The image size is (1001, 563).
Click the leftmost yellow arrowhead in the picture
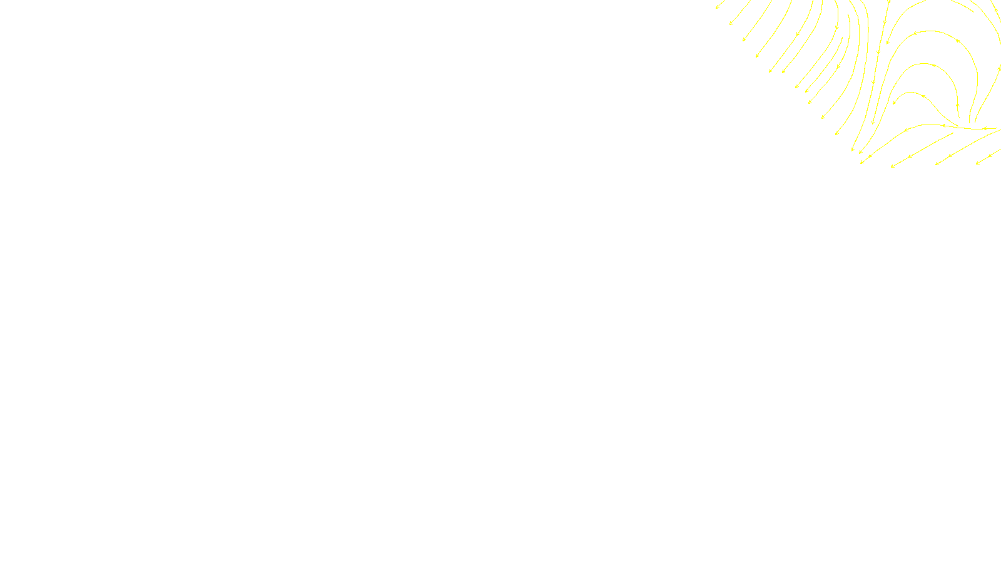tap(717, 8)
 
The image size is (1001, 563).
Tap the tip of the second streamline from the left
tap(731, 24)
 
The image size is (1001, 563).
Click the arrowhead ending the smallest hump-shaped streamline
tap(894, 103)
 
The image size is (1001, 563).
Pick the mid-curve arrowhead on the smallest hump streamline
tap(922, 96)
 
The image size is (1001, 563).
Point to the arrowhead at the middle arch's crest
tap(933, 65)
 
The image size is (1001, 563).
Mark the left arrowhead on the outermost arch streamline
tap(915, 34)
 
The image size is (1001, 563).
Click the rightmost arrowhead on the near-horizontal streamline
tap(984, 129)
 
